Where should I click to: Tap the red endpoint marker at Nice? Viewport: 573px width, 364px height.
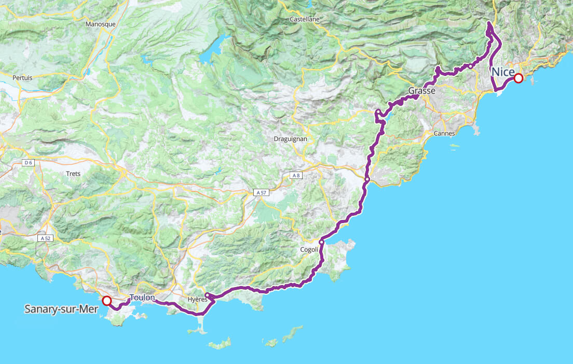518,79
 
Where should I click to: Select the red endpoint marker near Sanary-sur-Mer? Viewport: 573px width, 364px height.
107,301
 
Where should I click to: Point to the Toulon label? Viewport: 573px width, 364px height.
142,298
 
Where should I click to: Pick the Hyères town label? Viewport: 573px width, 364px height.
197,300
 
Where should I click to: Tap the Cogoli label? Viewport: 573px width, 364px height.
309,250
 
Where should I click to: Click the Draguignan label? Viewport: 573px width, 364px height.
291,139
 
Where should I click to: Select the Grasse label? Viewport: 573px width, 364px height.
421,91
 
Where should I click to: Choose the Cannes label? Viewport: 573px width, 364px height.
444,134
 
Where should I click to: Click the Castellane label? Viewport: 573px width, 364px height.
305,19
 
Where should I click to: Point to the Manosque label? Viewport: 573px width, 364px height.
100,24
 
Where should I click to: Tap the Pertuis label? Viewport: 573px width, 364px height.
22,77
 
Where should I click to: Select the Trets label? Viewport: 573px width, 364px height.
73,174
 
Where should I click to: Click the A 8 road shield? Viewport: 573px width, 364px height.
296,176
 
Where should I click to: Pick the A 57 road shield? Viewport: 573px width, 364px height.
261,192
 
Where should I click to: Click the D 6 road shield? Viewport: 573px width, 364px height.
29,163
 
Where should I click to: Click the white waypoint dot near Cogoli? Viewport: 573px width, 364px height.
322,242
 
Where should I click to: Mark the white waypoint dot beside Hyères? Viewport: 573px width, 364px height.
207,295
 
